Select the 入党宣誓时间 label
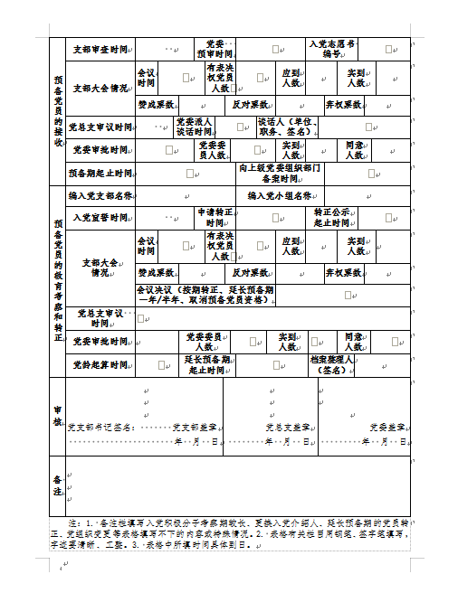100,218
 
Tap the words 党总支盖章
290,426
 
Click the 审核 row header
57,416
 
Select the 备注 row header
57,485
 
